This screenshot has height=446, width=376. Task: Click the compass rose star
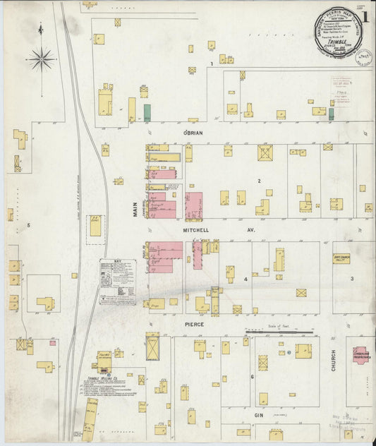click(44, 59)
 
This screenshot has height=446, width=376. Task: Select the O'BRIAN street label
click(193, 133)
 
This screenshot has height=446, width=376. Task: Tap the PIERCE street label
click(194, 324)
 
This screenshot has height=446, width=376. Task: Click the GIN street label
click(257, 416)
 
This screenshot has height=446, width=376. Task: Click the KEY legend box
click(116, 281)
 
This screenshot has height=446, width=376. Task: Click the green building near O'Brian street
click(147, 111)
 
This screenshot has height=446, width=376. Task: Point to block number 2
click(259, 181)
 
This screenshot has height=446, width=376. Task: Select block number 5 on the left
click(28, 225)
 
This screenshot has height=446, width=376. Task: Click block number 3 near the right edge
click(352, 279)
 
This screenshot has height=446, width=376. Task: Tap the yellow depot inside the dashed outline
click(95, 227)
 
